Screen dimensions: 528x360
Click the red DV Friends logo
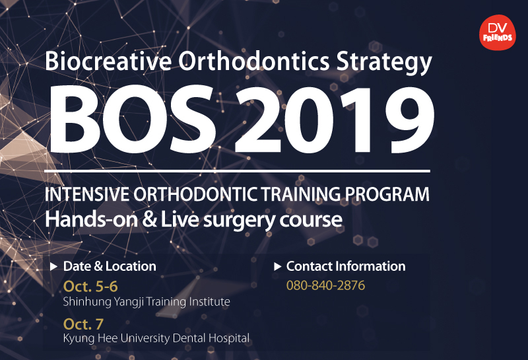click(498, 32)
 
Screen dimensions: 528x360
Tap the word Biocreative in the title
click(108, 61)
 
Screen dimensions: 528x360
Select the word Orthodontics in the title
click(253, 61)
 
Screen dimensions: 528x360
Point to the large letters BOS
click(133, 119)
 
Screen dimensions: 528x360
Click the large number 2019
click(334, 119)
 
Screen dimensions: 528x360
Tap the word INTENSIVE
click(87, 194)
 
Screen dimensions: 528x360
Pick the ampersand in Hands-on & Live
click(150, 219)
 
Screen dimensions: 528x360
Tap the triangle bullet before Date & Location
click(53, 267)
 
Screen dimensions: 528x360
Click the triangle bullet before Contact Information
click(277, 267)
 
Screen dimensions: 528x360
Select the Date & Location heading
click(110, 266)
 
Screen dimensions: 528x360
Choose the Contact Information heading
click(346, 266)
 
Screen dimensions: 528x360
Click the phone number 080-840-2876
click(325, 285)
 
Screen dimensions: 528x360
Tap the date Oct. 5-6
click(90, 287)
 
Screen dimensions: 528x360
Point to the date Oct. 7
click(83, 324)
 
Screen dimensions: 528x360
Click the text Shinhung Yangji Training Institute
click(147, 302)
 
